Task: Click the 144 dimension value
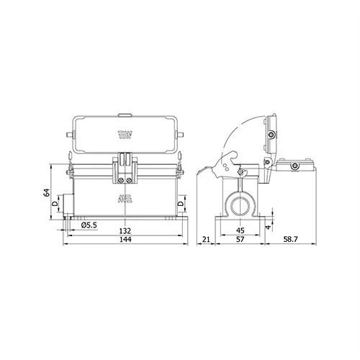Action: (x=125, y=240)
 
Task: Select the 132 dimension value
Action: (x=125, y=231)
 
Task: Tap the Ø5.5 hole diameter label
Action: (x=89, y=225)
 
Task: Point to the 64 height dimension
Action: (x=47, y=192)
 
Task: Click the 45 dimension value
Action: (x=240, y=230)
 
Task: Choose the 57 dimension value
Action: (x=240, y=239)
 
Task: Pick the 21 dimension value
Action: (x=206, y=239)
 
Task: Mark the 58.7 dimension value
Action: (x=290, y=239)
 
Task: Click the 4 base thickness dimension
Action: (x=269, y=227)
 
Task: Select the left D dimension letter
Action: (x=55, y=204)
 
